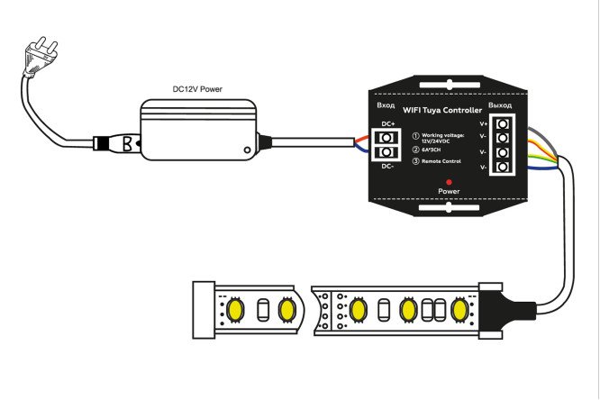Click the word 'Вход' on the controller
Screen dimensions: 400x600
click(x=386, y=106)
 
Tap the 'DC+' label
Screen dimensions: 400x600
click(x=387, y=123)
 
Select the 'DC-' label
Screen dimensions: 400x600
click(x=387, y=166)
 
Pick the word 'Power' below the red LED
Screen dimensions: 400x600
click(x=448, y=192)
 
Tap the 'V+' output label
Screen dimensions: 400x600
click(x=484, y=123)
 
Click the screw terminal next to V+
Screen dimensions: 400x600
click(x=501, y=123)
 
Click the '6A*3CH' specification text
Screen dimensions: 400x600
click(x=432, y=149)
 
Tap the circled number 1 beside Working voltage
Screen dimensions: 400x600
click(x=414, y=134)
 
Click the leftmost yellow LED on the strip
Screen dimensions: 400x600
click(x=236, y=310)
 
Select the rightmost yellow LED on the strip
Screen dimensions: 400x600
click(x=460, y=311)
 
